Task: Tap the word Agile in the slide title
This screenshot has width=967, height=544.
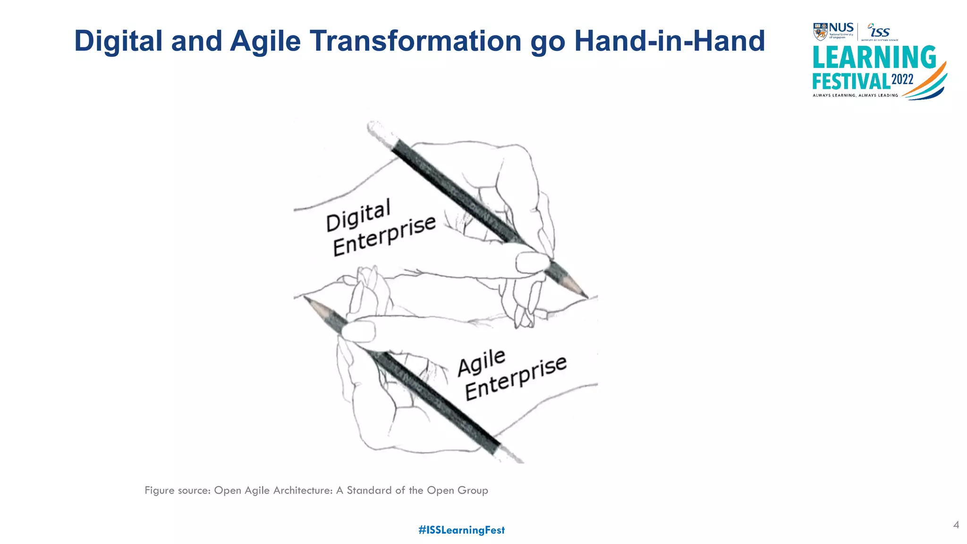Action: point(265,42)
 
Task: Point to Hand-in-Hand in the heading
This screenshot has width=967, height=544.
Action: point(669,41)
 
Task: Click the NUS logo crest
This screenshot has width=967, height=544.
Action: point(820,32)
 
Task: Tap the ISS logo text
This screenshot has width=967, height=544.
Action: point(879,32)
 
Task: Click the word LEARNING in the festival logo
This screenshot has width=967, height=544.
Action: point(874,58)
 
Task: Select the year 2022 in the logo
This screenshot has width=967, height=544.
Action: point(902,79)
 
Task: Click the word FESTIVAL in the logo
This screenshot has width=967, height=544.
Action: point(850,81)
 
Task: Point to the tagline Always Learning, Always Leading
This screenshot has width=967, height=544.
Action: point(855,95)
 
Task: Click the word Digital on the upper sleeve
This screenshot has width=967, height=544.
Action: point(358,215)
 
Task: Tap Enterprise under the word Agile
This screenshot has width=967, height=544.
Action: point(516,378)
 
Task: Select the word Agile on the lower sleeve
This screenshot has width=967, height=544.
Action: point(482,362)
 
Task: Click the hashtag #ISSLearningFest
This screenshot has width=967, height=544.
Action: point(461,530)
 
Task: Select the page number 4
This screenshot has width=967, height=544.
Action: point(956,525)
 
